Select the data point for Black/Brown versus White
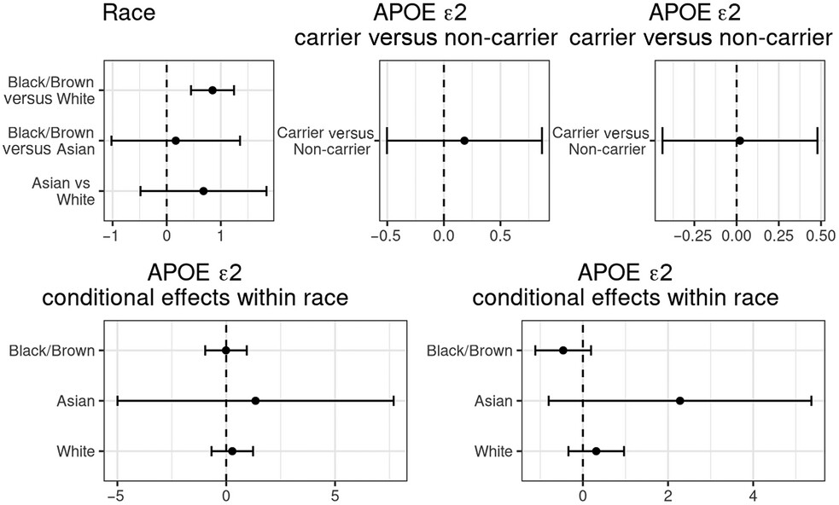[x=213, y=90]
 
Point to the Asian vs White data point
[x=203, y=191]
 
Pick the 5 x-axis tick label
[x=335, y=496]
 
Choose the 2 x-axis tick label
[x=668, y=496]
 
